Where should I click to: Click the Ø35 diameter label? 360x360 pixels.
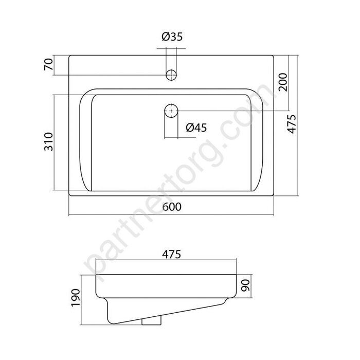172,37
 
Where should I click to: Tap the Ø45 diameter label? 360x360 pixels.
196,128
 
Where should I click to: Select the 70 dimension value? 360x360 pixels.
49,64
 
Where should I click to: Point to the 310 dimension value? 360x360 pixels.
48,141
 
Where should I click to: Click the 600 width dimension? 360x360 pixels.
172,207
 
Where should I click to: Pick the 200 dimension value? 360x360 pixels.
283,82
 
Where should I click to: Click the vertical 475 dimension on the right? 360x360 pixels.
292,124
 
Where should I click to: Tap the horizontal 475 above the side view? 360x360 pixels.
172,254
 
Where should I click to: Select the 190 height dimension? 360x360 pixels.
76,298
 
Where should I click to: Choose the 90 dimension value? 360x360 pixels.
245,285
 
